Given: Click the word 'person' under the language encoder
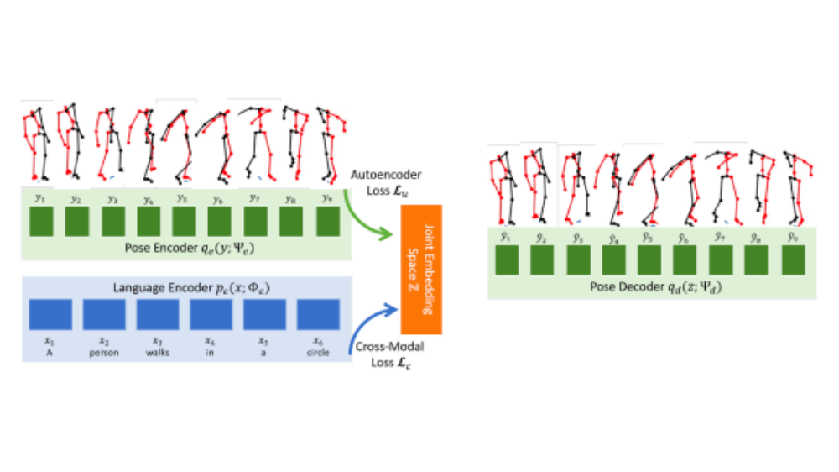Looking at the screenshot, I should click(104, 353).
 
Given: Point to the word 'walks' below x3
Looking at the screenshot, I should click(157, 353).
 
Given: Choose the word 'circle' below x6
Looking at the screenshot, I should click(317, 353).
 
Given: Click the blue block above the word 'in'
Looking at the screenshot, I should click(211, 314).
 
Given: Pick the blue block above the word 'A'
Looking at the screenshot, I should click(50, 314).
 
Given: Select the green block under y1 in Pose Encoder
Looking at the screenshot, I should click(41, 222).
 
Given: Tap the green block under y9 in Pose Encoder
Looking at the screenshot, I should click(327, 222).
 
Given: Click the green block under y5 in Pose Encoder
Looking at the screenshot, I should click(184, 222).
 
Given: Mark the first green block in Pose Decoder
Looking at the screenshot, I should click(507, 260).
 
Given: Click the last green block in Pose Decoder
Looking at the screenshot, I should click(793, 260).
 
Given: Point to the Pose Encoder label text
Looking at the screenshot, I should click(184, 247).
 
